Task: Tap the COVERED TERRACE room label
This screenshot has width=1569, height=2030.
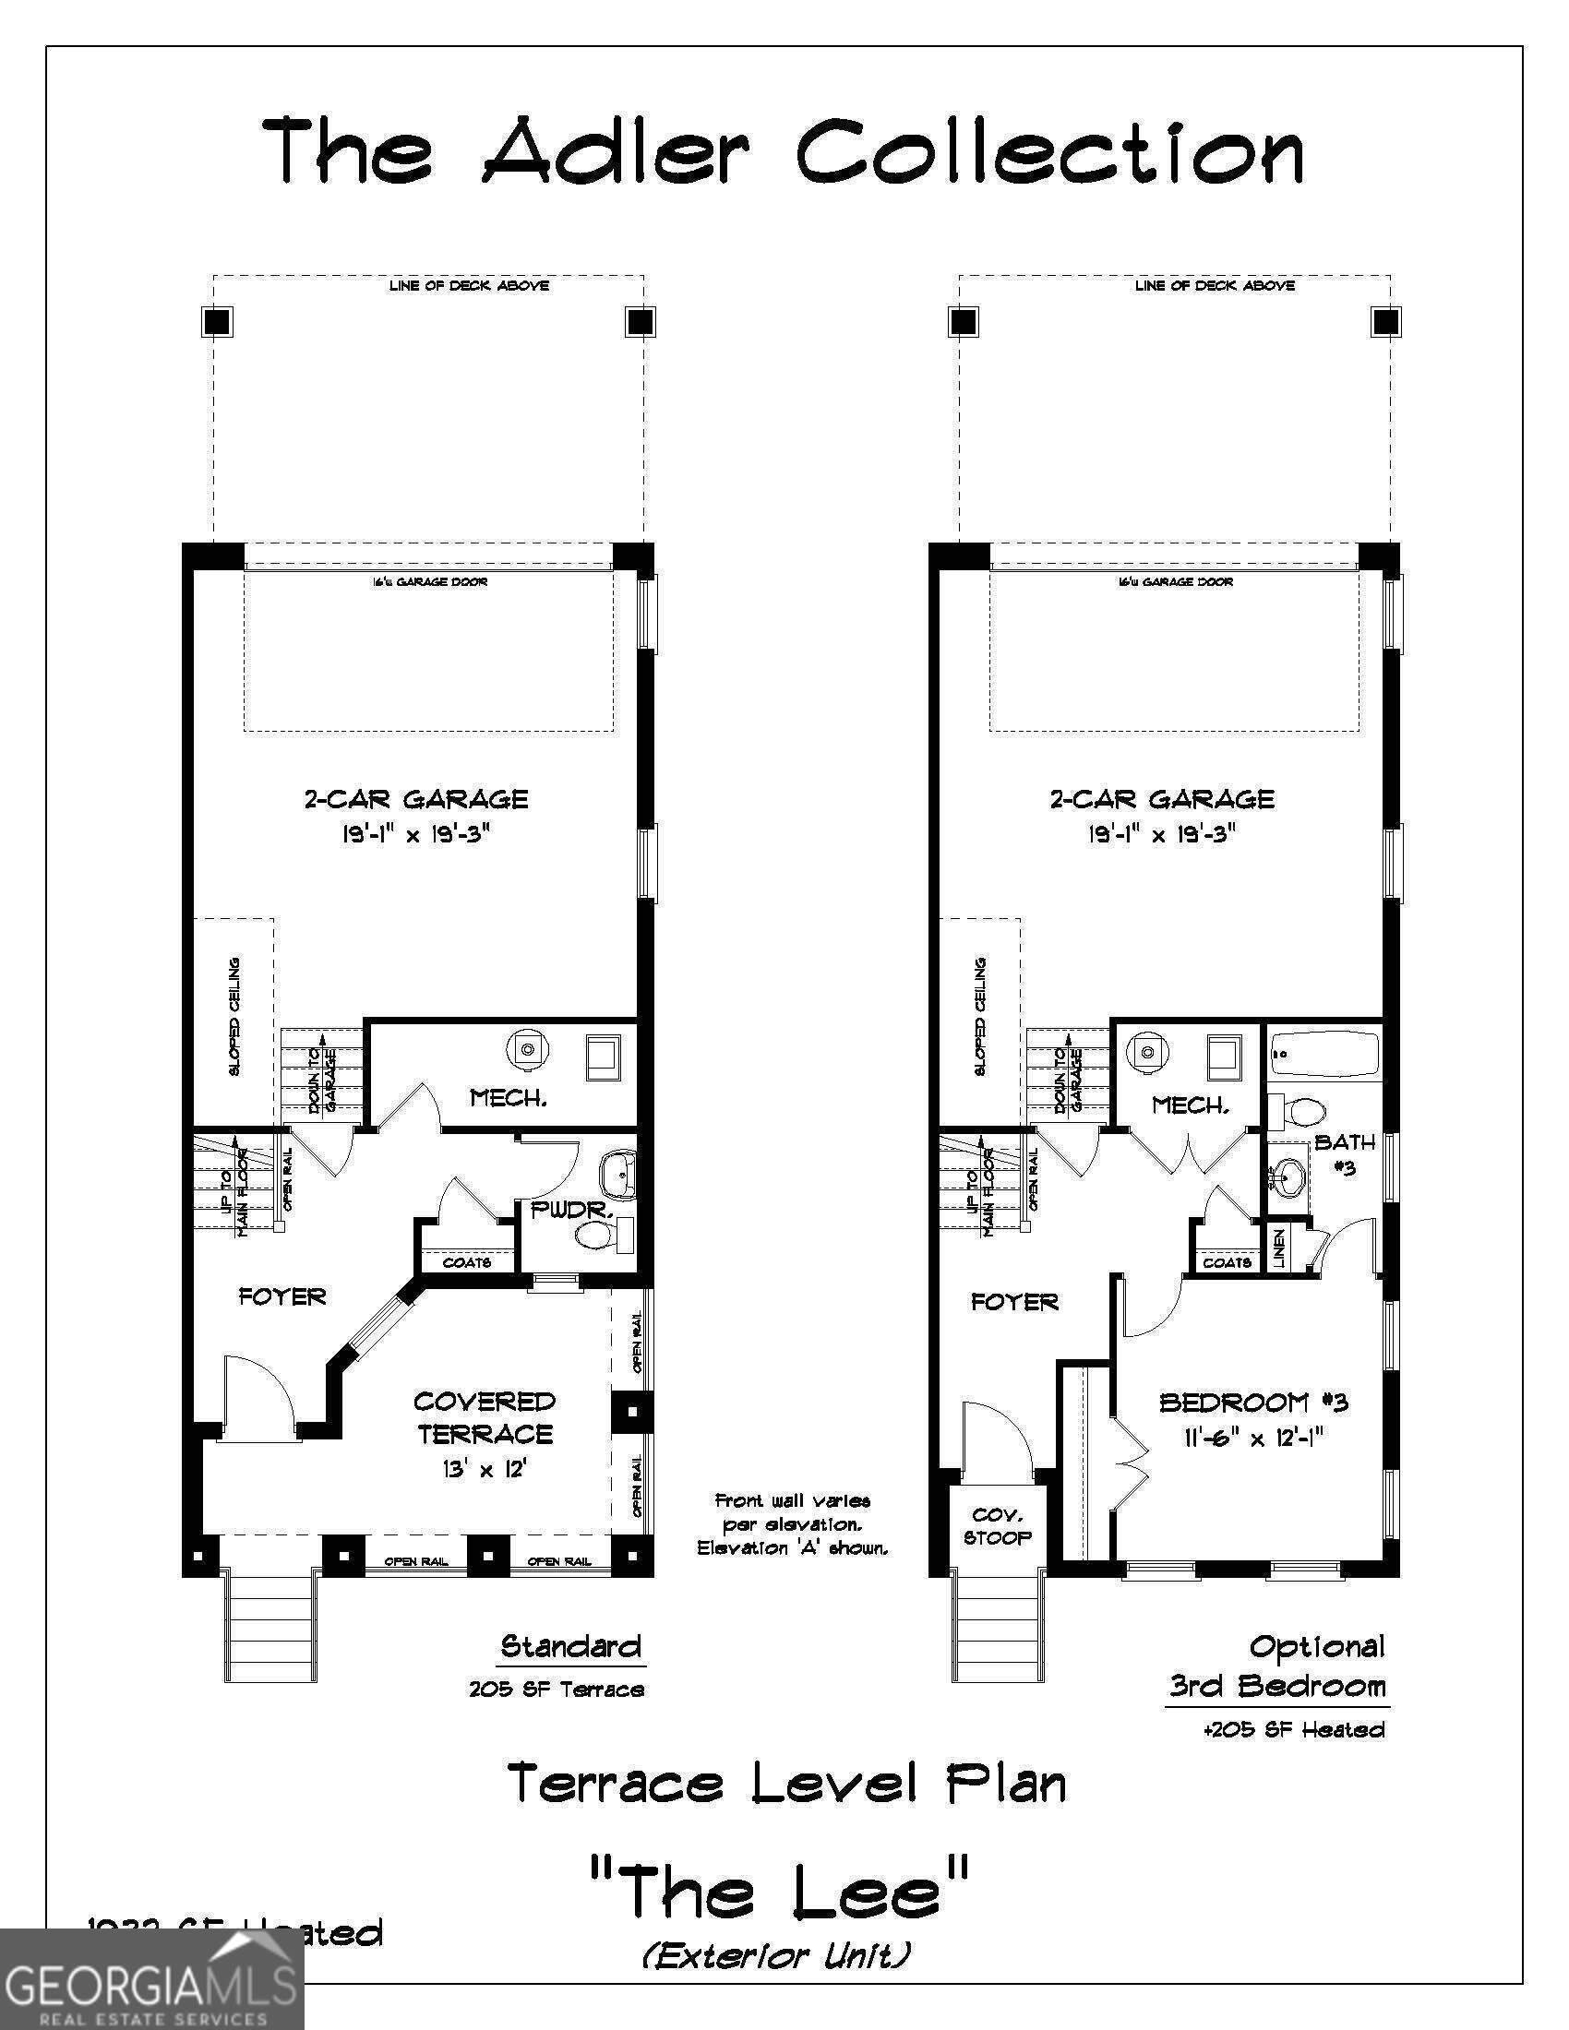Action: tap(485, 1417)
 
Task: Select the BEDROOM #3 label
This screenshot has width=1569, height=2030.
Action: tap(1253, 1403)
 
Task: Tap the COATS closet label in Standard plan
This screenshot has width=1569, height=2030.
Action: tap(467, 1262)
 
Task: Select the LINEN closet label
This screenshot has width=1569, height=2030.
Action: tap(1279, 1248)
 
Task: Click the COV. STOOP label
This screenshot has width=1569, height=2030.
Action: tap(998, 1526)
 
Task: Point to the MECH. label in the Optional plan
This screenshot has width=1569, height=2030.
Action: tap(1191, 1105)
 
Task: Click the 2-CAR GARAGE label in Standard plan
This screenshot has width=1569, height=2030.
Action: tap(415, 799)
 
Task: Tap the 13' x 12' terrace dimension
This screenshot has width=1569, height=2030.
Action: tap(485, 1470)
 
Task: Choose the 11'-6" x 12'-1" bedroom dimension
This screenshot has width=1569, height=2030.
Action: tap(1253, 1438)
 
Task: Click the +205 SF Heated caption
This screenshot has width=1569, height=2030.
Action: tap(1294, 1730)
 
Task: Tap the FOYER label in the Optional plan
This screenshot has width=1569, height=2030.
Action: tap(1014, 1302)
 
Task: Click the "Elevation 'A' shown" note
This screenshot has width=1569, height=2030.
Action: tap(793, 1548)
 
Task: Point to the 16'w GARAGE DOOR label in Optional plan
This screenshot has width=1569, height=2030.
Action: tap(1175, 582)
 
